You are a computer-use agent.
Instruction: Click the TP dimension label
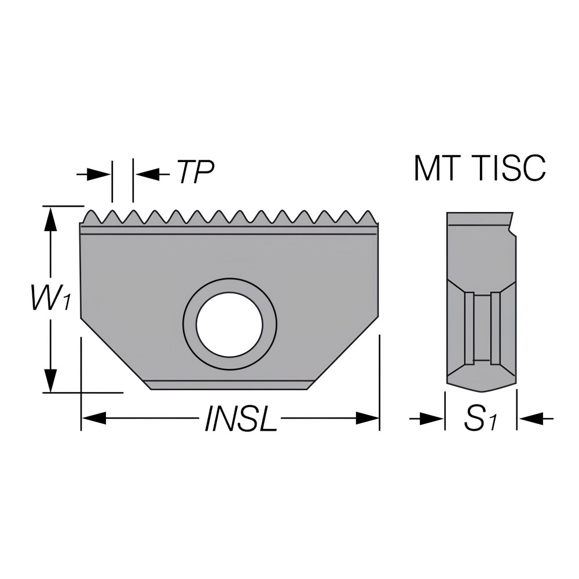(x=195, y=172)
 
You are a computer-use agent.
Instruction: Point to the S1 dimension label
(x=481, y=419)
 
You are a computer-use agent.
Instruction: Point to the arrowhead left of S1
(x=434, y=417)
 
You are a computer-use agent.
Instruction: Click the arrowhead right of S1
(x=526, y=417)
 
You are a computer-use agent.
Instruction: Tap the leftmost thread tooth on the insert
(x=90, y=217)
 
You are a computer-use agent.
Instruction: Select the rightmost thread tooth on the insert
(x=367, y=217)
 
